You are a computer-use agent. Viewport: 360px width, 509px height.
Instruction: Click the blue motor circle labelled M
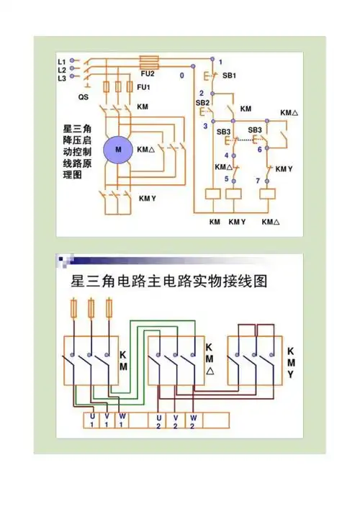(119, 149)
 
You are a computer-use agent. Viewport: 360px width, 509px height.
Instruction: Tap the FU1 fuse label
(143, 88)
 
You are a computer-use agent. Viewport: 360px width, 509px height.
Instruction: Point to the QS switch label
(84, 95)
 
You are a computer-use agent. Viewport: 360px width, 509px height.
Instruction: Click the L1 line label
(62, 61)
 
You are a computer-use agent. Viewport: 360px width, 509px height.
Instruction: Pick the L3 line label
(62, 77)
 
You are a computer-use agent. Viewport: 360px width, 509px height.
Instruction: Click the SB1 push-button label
(229, 76)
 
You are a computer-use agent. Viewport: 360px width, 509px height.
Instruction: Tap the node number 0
(182, 75)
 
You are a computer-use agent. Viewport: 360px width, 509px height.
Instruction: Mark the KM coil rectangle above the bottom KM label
(213, 193)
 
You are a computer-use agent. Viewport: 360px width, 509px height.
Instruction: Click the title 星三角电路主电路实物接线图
(169, 281)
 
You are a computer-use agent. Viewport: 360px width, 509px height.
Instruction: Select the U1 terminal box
(91, 419)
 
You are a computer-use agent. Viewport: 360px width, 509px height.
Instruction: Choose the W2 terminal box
(193, 420)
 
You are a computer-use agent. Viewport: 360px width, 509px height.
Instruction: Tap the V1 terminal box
(107, 419)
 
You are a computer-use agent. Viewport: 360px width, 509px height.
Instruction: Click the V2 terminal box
(176, 420)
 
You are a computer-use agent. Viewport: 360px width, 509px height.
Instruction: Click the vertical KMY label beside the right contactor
(290, 363)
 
